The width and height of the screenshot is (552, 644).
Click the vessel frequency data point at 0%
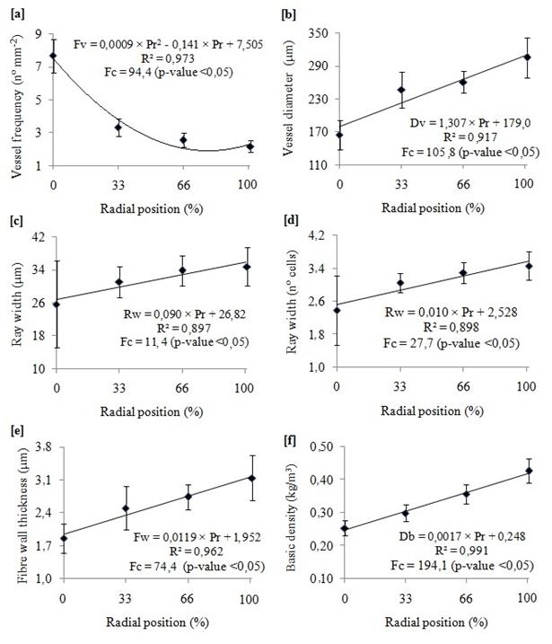click(54, 56)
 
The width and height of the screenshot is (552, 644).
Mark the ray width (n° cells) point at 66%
click(463, 273)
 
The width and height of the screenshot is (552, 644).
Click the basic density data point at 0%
click(344, 529)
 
